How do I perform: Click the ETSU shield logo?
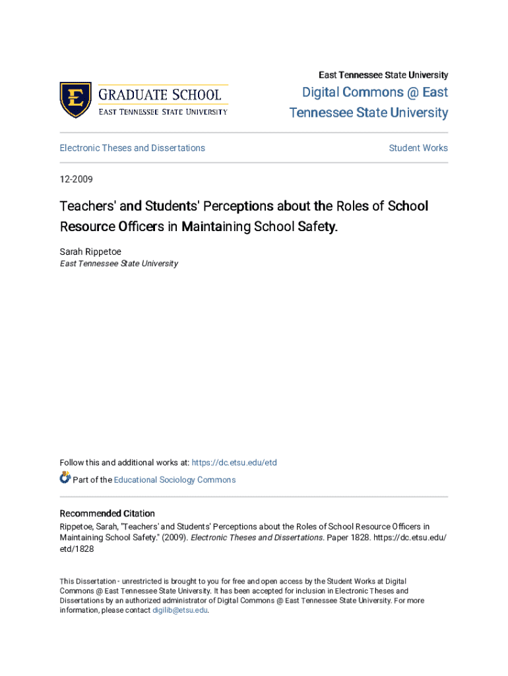point(75,100)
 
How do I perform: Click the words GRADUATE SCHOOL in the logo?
point(160,94)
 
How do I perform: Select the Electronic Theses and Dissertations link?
point(132,148)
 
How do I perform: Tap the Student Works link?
point(418,148)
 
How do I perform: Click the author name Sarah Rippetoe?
point(90,252)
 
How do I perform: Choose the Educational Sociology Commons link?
point(175,480)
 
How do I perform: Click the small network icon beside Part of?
point(65,477)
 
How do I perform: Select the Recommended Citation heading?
point(108,514)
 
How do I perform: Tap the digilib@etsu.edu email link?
point(180,611)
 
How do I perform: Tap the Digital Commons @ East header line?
point(375,92)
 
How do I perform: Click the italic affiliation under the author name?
point(119,263)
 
